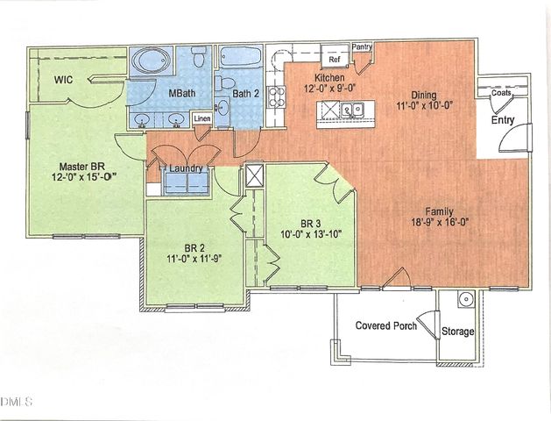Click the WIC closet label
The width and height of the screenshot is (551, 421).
(62, 80)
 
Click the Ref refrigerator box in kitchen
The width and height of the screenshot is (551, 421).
(334, 60)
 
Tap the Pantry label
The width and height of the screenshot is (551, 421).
(362, 46)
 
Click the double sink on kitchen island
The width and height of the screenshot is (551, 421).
(353, 110)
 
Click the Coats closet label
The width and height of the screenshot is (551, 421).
(501, 93)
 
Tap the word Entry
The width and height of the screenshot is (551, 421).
(504, 119)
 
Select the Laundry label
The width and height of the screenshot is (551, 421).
(187, 168)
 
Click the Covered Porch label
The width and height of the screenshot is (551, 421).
(385, 326)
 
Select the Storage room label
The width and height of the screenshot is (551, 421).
(457, 332)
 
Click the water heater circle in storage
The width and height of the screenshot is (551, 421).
(468, 298)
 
